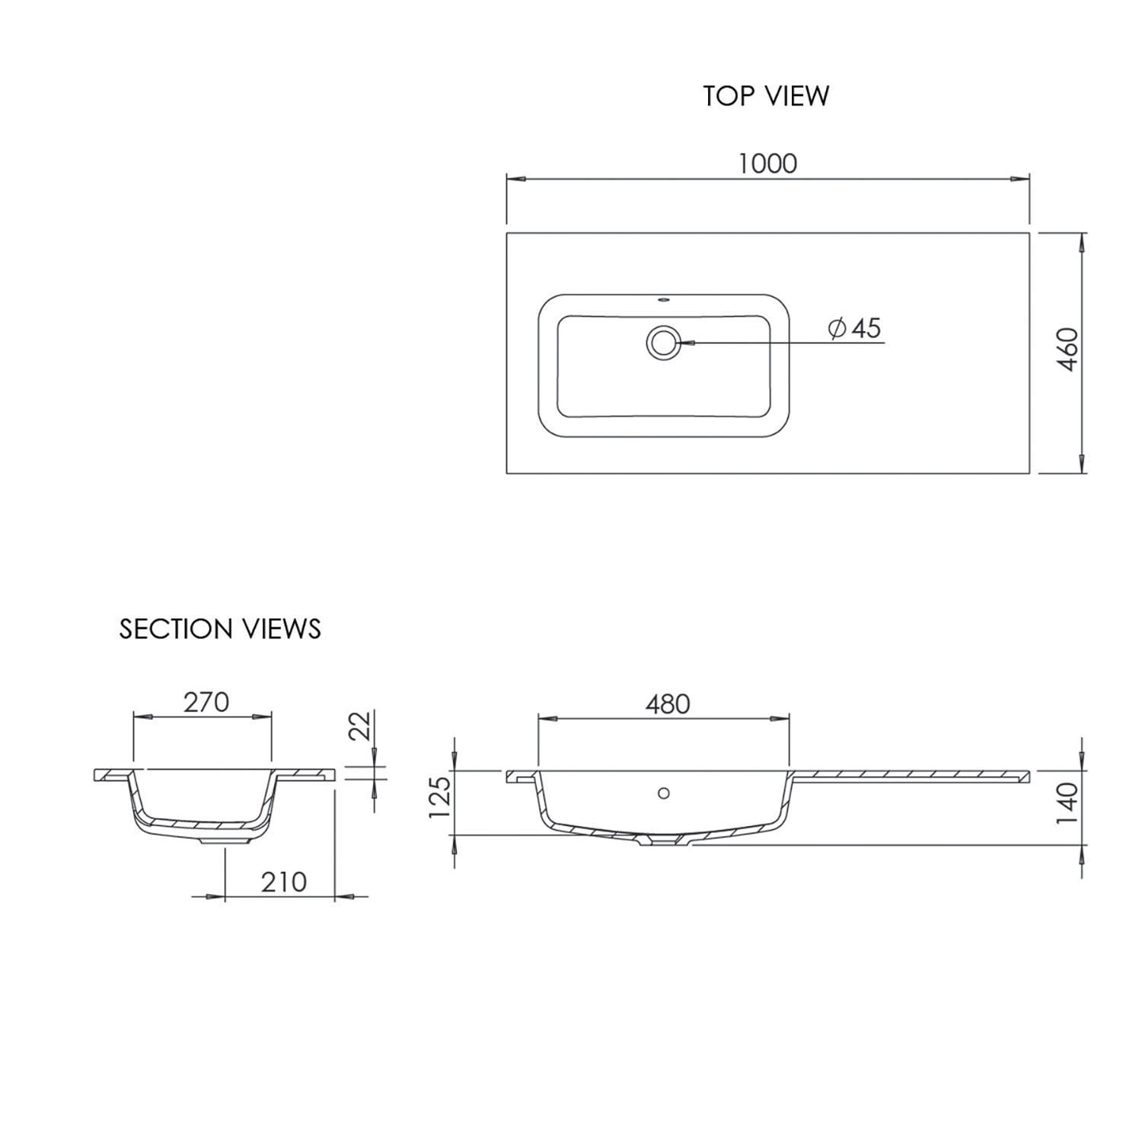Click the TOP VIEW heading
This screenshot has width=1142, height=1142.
coord(766,96)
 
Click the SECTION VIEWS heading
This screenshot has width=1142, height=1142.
coord(220,629)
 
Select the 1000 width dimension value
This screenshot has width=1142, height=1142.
coord(767,163)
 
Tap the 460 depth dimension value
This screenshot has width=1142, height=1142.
coord(1069,349)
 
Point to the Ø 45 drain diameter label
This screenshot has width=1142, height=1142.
coord(854,328)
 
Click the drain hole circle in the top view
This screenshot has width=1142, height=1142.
coord(663,343)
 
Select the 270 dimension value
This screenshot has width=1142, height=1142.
coord(206,702)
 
